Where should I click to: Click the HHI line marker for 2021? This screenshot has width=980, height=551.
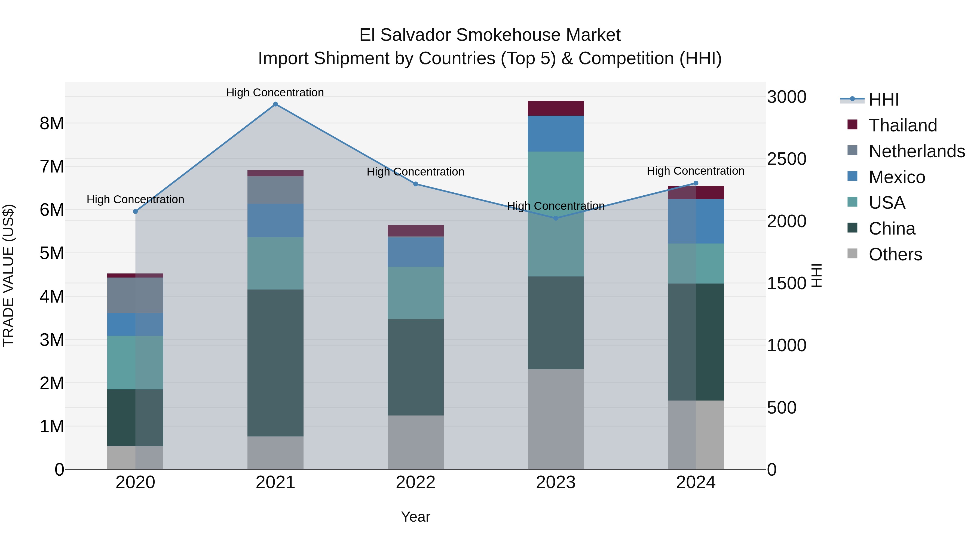(x=275, y=104)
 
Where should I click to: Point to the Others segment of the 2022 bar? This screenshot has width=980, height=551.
(x=415, y=442)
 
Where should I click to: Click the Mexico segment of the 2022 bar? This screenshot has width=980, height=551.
(x=415, y=251)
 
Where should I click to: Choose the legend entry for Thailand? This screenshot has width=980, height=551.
(x=902, y=125)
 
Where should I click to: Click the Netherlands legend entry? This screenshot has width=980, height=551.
(x=916, y=151)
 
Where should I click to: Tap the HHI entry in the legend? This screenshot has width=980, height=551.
(x=883, y=100)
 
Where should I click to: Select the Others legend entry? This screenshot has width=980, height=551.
(x=895, y=254)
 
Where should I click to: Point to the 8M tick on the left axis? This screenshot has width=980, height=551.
(x=52, y=124)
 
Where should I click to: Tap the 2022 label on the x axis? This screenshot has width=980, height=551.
(x=415, y=482)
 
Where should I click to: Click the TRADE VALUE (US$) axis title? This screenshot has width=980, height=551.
(x=8, y=275)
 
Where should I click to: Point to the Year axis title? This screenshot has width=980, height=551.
(x=415, y=517)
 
